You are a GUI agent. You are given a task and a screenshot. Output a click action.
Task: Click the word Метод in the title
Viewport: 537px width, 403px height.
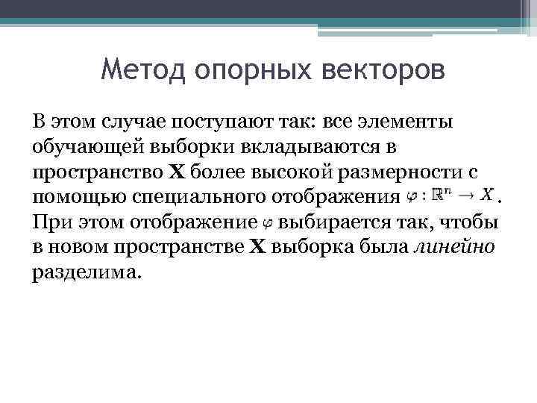tap(142, 71)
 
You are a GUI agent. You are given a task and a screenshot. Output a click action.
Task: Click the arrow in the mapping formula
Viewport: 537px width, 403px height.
tap(465, 196)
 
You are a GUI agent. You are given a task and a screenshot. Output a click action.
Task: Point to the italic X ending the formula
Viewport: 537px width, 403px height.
tap(486, 196)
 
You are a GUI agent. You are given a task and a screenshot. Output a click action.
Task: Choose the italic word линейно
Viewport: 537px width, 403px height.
tap(453, 248)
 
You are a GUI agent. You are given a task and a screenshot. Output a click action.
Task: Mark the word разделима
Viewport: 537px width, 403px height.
tap(85, 274)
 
